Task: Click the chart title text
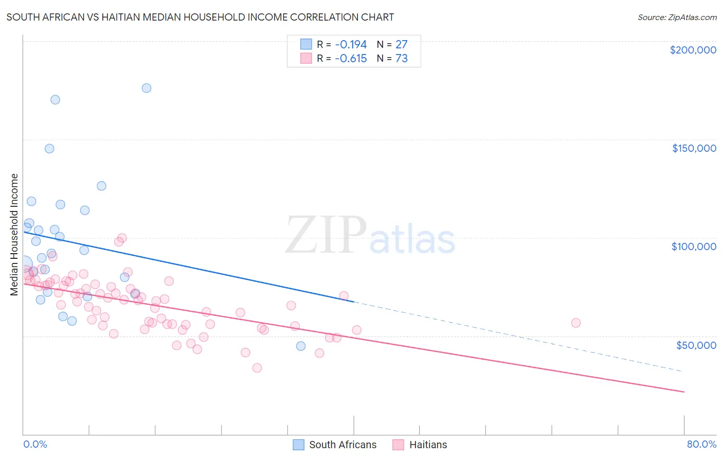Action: click(x=200, y=17)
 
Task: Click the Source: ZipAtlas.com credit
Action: click(x=677, y=17)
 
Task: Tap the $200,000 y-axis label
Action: click(x=693, y=50)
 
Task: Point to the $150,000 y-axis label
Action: click(x=694, y=148)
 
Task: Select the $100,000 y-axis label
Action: click(x=694, y=246)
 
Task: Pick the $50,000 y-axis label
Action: click(x=696, y=345)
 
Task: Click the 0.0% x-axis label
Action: click(x=35, y=444)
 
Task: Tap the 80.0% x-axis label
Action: click(x=701, y=444)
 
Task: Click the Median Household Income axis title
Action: click(x=14, y=235)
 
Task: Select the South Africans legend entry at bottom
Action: click(x=342, y=445)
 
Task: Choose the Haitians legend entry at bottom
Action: click(x=428, y=445)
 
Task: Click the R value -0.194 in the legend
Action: click(x=351, y=44)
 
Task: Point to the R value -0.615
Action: click(x=351, y=58)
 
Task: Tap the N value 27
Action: click(x=401, y=44)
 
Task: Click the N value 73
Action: click(x=401, y=58)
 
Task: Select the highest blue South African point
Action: click(x=147, y=88)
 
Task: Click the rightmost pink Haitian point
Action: click(x=576, y=323)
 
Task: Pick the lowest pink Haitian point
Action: click(x=257, y=368)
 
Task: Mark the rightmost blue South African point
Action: click(x=301, y=346)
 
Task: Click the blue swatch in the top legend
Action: click(x=306, y=44)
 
